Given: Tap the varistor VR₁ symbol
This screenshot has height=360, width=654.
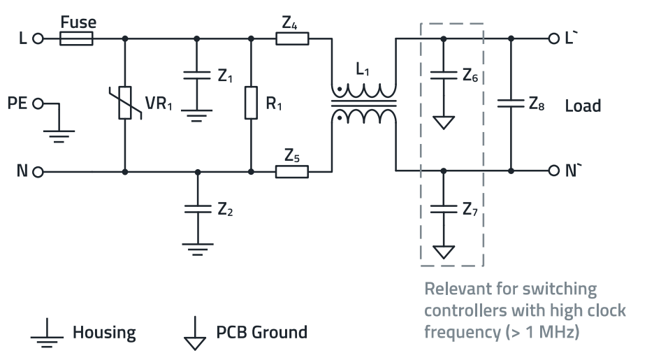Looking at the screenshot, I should [x=124, y=103].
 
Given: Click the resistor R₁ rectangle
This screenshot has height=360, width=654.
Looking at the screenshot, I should [x=250, y=103].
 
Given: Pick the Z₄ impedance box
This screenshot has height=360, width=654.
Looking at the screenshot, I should [x=291, y=39].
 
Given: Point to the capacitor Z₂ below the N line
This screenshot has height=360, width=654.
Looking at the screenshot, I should [x=198, y=208].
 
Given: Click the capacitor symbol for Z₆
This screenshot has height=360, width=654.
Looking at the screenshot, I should [x=442, y=74].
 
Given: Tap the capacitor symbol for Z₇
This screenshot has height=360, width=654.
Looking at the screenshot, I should [x=442, y=208].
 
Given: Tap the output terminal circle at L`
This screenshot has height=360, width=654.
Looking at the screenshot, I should [x=555, y=39].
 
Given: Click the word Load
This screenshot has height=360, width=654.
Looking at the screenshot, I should [x=583, y=106].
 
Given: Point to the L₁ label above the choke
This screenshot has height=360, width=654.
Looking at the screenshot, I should [x=363, y=72].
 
